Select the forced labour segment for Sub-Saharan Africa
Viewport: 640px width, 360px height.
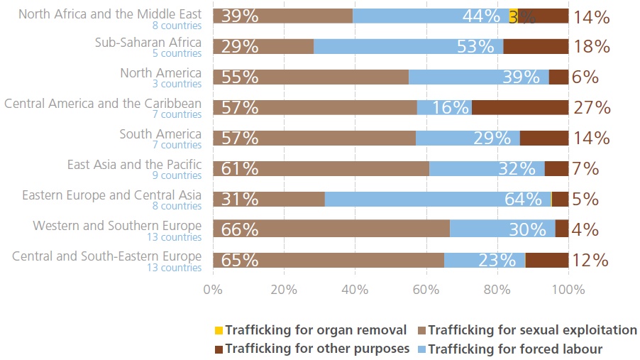408,46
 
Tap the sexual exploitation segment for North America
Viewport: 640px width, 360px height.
310,77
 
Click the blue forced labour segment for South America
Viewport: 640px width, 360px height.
467,138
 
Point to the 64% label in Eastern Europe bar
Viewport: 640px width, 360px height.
523,200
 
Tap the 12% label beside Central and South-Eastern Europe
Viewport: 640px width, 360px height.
590,261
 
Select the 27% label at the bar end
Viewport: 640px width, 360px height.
591,107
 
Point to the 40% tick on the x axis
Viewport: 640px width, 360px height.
355,290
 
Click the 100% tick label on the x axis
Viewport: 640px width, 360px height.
568,290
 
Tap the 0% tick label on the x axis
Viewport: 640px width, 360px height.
213,290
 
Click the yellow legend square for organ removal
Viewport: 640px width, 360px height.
219,330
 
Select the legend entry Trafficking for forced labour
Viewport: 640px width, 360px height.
515,349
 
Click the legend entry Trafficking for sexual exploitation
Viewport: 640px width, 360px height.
533,330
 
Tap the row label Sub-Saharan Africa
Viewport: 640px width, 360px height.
148,43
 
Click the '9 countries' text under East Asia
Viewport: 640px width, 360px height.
182,176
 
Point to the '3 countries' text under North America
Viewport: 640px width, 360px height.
182,84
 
